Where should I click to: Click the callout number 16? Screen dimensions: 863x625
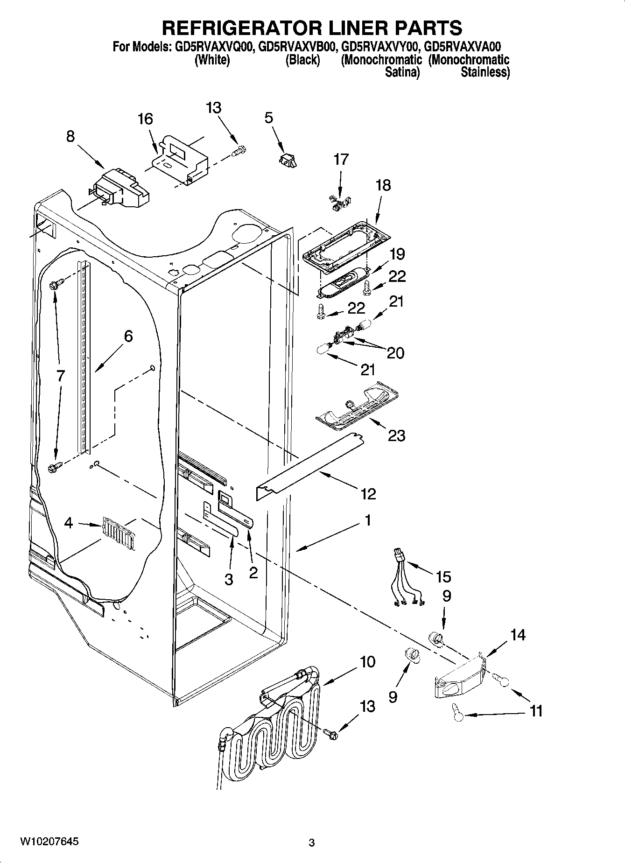tap(145, 119)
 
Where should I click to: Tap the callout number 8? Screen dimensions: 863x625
tap(70, 136)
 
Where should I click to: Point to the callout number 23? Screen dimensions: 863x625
tap(396, 436)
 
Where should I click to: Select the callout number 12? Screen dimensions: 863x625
tap(368, 493)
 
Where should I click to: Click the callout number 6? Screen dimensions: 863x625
tap(128, 337)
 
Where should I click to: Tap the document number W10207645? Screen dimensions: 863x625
tap(49, 842)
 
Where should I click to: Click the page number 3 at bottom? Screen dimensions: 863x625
tap(312, 842)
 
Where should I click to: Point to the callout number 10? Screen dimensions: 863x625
tap(367, 662)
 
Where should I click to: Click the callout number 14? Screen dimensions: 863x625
tap(518, 635)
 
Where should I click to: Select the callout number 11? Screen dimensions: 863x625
tap(536, 711)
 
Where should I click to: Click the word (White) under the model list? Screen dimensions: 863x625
tap(211, 60)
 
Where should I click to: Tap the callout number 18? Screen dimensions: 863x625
tap(383, 185)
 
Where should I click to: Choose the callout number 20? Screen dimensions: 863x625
tap(395, 353)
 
